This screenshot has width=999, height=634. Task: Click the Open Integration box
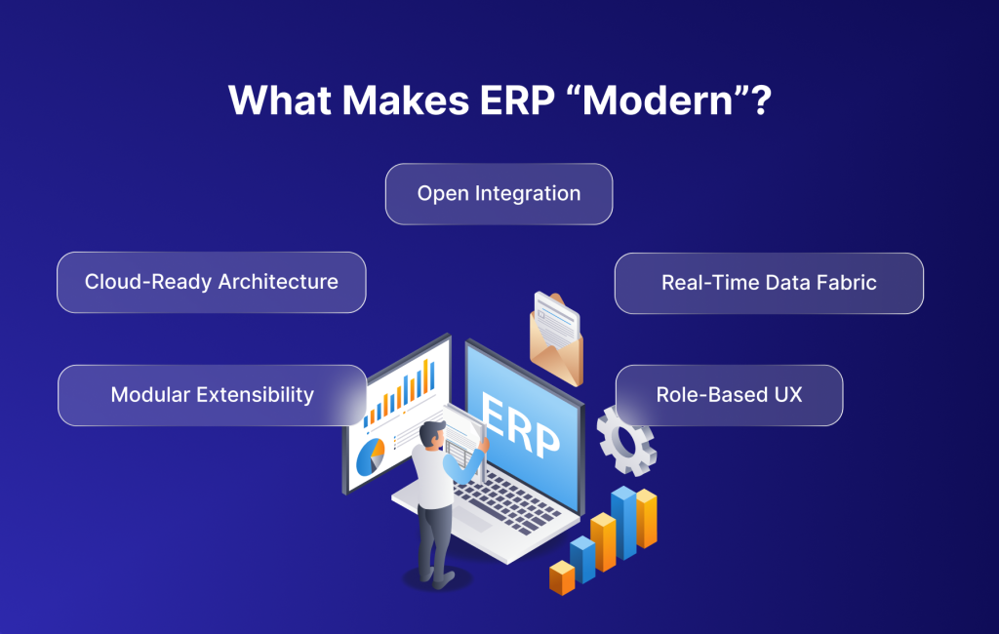click(x=499, y=194)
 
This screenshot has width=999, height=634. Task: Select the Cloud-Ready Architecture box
click(x=212, y=282)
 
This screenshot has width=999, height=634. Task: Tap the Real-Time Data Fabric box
click(x=769, y=283)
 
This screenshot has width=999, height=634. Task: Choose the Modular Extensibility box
click(x=212, y=395)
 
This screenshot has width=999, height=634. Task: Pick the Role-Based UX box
click(x=730, y=395)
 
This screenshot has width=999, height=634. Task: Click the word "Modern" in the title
click(x=659, y=100)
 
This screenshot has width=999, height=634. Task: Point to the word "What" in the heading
click(x=280, y=100)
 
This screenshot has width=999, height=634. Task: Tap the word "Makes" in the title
click(x=406, y=100)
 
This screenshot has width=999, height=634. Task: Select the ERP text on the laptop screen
click(x=519, y=425)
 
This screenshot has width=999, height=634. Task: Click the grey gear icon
click(x=626, y=441)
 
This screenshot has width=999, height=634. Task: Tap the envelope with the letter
click(x=556, y=337)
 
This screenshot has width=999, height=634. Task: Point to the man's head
click(x=432, y=435)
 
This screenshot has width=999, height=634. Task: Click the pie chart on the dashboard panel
click(x=370, y=456)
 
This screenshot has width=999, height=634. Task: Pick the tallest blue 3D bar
click(x=623, y=523)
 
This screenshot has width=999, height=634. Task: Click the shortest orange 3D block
click(x=562, y=577)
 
